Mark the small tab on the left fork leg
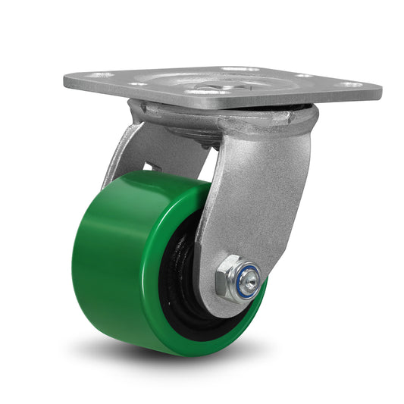[x=149, y=165]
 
